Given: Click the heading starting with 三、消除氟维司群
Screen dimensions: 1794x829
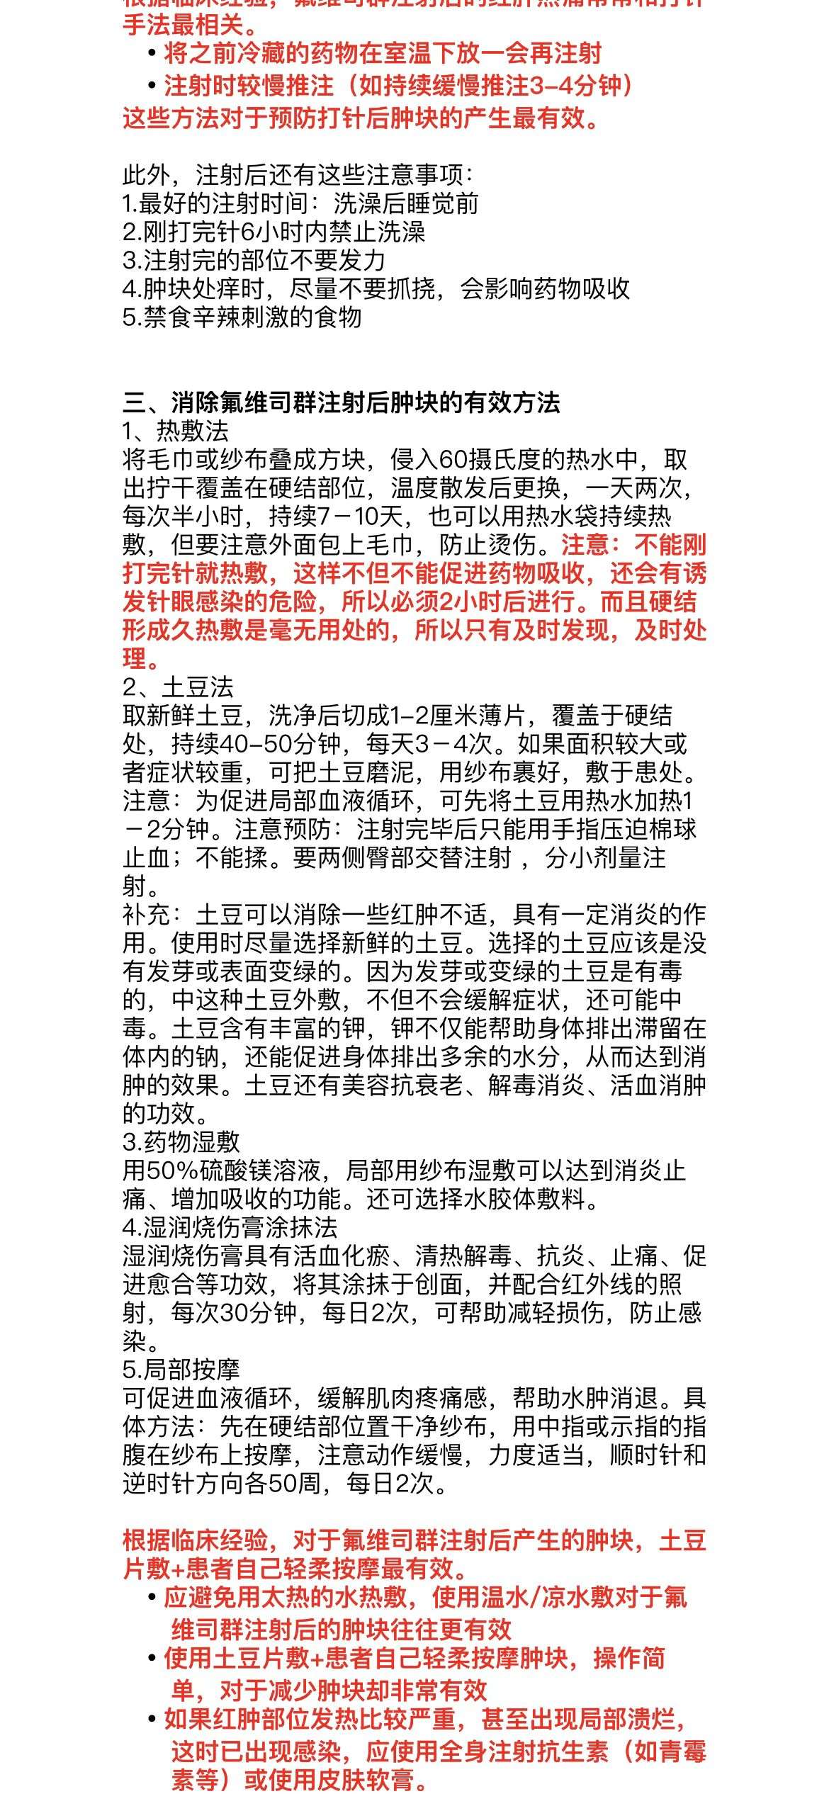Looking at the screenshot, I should tap(341, 403).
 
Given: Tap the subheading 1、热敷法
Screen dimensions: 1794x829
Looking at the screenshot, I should tap(175, 431).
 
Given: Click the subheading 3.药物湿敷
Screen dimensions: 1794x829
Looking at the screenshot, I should tap(181, 1141).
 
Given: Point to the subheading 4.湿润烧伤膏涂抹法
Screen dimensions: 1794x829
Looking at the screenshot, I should tap(230, 1226).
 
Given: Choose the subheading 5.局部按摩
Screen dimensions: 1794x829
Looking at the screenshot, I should tap(181, 1369).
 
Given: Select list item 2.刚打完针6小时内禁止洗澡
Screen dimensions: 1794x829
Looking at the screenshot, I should tap(273, 232).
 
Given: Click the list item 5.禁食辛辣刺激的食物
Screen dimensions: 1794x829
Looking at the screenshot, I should tap(242, 317).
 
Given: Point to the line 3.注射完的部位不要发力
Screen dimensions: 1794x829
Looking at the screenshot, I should tap(254, 260).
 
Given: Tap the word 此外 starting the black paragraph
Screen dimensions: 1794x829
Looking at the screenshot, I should tap(146, 175).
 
